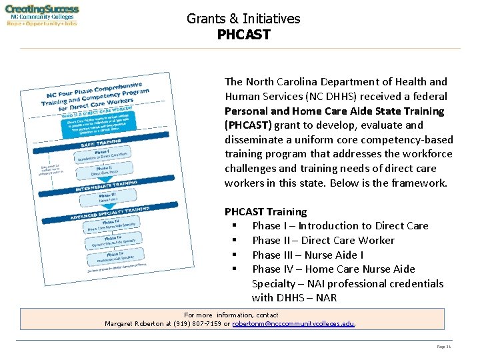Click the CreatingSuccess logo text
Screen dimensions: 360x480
click(x=42, y=10)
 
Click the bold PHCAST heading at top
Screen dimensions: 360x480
click(x=243, y=34)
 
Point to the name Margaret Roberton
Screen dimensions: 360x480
click(x=137, y=324)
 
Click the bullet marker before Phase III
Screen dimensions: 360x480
click(x=235, y=255)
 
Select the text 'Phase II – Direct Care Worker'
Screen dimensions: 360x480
click(x=323, y=240)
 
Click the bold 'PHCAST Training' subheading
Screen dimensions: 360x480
click(x=265, y=211)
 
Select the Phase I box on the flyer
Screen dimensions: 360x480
click(x=101, y=155)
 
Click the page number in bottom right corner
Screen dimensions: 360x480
click(x=443, y=347)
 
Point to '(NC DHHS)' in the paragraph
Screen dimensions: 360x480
click(x=325, y=96)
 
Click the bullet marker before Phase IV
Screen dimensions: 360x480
click(x=235, y=269)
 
